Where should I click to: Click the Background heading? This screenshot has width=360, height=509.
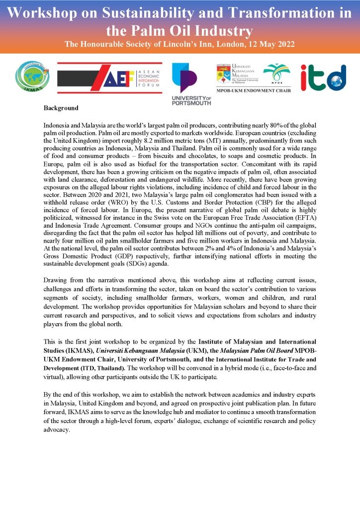click(x=61, y=108)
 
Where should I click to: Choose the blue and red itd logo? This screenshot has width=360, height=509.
click(x=323, y=77)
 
